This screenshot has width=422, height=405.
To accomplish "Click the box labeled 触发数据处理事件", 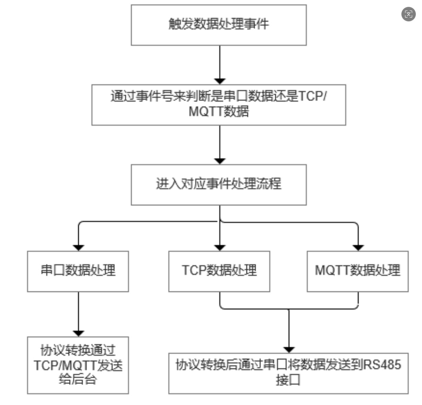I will point(218,25).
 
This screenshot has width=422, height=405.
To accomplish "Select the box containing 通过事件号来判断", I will point(218,105).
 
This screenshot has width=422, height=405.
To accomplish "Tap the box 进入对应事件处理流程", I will point(218,185).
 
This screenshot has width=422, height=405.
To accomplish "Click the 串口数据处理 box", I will point(78,271).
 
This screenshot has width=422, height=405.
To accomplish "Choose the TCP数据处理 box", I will point(219,271).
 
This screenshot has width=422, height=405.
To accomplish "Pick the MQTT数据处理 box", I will point(357,271).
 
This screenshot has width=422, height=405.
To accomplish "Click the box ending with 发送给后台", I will point(78,365).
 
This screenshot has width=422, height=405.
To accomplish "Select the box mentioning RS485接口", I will point(288,373).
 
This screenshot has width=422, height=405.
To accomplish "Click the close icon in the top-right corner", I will point(408,14).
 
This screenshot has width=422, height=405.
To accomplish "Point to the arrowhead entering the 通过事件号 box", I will point(220,81).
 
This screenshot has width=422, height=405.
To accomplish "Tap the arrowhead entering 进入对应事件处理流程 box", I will point(220,161).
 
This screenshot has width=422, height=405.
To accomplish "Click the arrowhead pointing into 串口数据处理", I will point(79,248).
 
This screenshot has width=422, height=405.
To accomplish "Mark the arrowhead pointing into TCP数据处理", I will point(220,248).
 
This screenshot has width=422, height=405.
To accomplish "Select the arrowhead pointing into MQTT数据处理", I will point(358,248).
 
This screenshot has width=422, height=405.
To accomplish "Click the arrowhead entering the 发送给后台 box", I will point(79,333).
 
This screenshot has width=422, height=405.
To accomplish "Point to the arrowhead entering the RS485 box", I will point(289,350).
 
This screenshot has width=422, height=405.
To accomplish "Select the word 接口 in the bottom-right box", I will point(288,380).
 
